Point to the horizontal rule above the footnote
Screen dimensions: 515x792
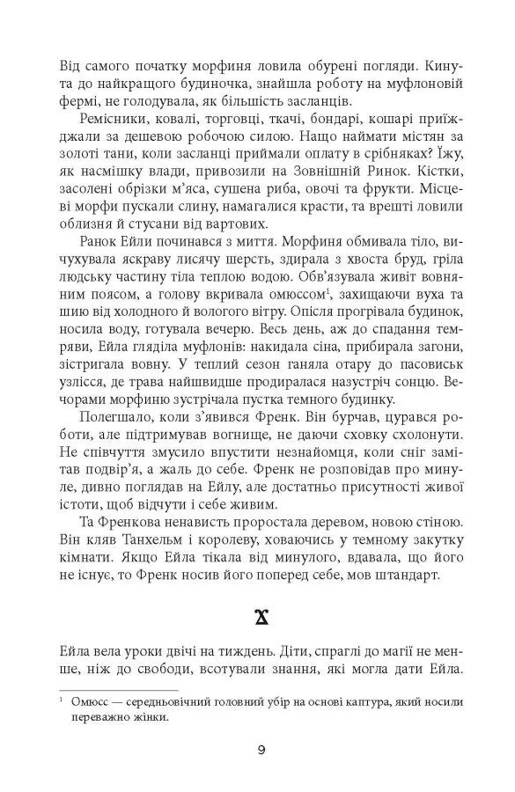click(119, 689)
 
